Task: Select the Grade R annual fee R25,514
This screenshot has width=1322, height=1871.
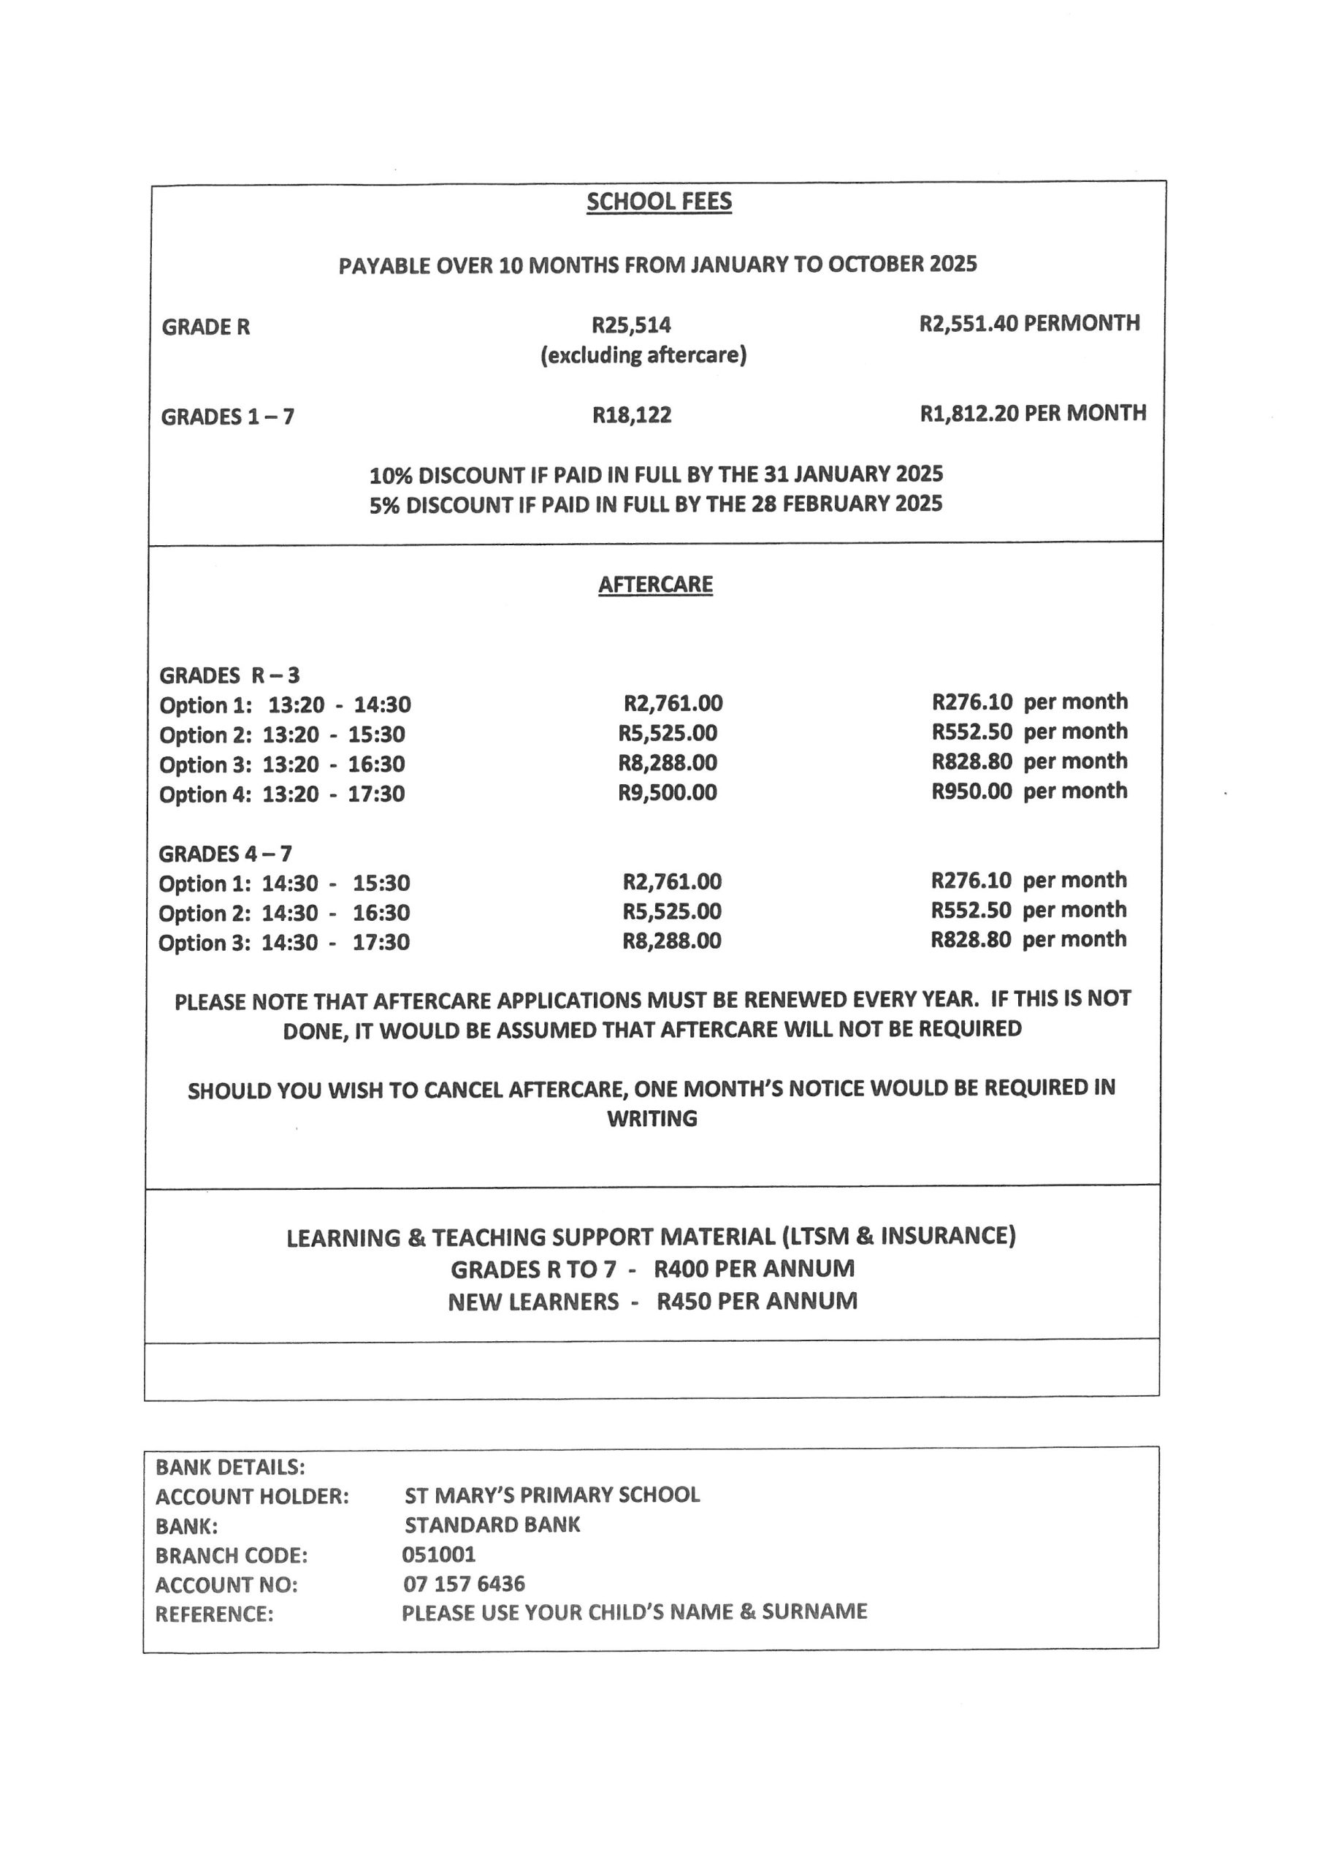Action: [631, 325]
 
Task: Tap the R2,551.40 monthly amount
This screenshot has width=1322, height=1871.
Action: [968, 324]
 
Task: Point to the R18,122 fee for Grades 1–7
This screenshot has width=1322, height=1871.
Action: [631, 415]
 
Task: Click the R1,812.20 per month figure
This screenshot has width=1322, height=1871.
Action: [968, 413]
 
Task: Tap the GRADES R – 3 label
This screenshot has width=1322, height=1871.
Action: [229, 675]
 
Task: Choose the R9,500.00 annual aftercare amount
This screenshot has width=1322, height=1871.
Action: [667, 792]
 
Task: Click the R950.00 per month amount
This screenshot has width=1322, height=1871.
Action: [971, 791]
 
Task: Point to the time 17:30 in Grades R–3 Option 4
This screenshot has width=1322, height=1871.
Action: [376, 794]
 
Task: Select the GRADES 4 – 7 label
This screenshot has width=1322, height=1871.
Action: [225, 854]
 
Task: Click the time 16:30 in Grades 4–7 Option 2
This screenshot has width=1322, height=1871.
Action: [381, 913]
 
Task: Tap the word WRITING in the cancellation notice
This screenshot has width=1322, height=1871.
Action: [652, 1118]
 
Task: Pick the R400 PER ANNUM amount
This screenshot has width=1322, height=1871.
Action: [754, 1269]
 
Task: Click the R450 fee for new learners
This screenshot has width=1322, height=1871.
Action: [684, 1301]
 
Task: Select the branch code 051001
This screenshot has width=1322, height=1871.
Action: [438, 1554]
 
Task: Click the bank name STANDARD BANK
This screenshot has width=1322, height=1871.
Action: [492, 1525]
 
